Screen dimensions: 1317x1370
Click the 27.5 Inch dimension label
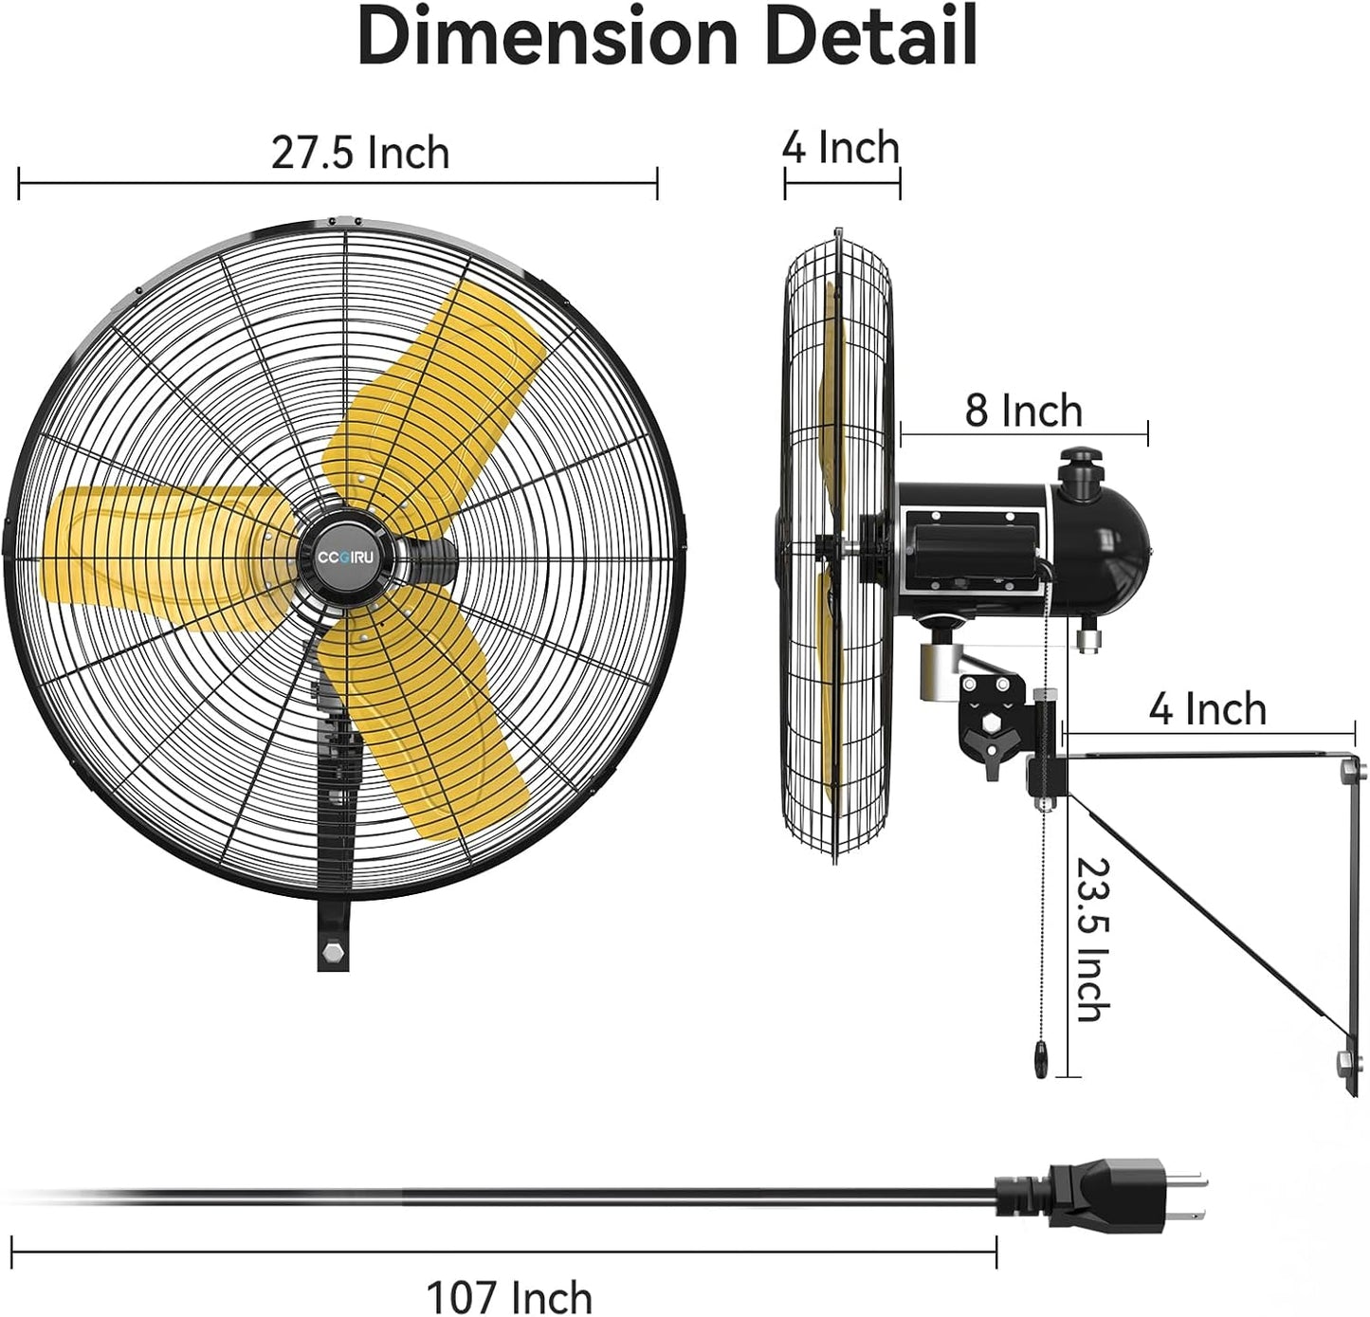click(359, 153)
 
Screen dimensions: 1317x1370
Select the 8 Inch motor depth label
click(1023, 411)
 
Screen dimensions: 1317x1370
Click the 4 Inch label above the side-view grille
click(840, 148)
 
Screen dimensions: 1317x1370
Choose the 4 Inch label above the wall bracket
click(1207, 709)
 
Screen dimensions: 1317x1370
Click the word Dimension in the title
click(547, 36)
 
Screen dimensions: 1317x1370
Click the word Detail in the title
click(870, 36)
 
